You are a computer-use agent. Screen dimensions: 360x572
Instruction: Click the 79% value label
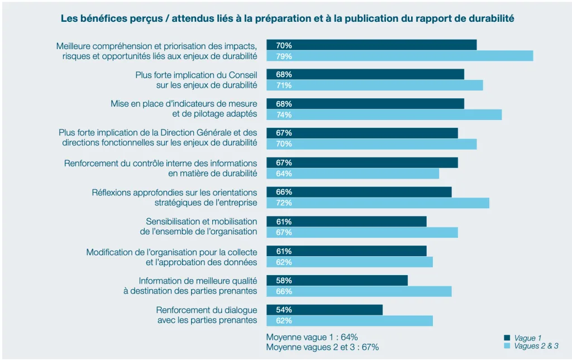284,56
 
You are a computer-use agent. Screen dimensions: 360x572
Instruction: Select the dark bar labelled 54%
325,310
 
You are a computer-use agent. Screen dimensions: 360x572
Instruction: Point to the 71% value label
284,85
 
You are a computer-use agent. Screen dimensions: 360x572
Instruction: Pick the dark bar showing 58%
337,280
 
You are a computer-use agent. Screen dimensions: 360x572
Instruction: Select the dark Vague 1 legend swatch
507,338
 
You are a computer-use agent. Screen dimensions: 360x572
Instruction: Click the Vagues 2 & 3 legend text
536,346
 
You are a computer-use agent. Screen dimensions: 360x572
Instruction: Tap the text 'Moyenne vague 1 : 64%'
312,337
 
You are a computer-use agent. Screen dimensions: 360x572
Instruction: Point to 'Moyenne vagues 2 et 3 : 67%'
322,347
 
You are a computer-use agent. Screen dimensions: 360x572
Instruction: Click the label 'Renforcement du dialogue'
207,310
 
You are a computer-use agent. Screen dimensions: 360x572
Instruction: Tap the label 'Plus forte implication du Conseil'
196,74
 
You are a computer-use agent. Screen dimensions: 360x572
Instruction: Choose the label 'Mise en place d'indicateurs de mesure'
184,104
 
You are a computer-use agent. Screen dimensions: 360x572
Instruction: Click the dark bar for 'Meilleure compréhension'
371,45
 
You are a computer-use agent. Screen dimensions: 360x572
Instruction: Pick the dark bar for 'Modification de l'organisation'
346,251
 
